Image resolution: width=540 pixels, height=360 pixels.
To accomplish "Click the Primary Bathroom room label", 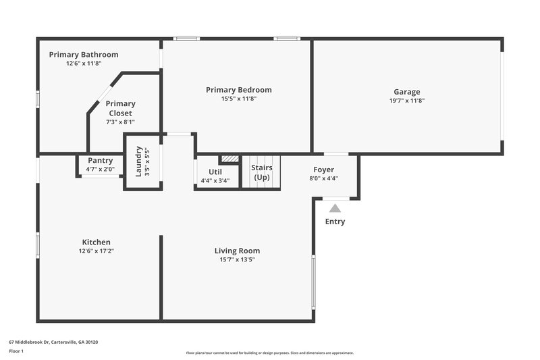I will click(x=83, y=55).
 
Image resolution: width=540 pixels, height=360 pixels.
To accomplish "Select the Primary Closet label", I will click(x=120, y=108).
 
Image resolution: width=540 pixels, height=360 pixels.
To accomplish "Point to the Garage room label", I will click(x=406, y=92).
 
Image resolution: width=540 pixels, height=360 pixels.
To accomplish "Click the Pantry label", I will click(x=100, y=161).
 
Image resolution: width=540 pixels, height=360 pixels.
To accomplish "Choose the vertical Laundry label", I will click(x=139, y=161).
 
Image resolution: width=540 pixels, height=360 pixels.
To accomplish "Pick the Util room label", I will click(x=215, y=172).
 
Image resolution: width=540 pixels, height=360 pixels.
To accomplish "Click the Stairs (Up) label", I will click(x=261, y=172).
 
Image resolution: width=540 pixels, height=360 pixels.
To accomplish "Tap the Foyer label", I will click(x=323, y=170).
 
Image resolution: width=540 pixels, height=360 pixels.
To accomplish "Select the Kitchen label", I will click(x=96, y=242).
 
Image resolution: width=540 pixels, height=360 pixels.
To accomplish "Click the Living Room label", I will click(x=237, y=251).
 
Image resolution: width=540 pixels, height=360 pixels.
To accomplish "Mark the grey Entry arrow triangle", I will click(x=335, y=209).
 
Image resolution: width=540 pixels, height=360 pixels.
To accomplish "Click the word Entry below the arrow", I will click(x=335, y=222).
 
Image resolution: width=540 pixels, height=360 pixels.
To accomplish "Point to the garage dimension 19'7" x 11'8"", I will click(x=406, y=101).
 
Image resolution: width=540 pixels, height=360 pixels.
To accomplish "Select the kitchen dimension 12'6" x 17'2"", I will click(x=96, y=251).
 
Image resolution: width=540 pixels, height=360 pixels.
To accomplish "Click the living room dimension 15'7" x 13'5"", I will click(x=237, y=259).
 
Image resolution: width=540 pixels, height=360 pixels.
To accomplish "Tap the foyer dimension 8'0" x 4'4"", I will click(x=323, y=178).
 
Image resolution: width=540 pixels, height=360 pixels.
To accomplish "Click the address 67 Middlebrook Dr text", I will click(x=53, y=342).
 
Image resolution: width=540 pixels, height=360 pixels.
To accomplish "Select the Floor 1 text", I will click(x=16, y=351).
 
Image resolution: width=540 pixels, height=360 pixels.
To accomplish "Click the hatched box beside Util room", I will click(x=230, y=159).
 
